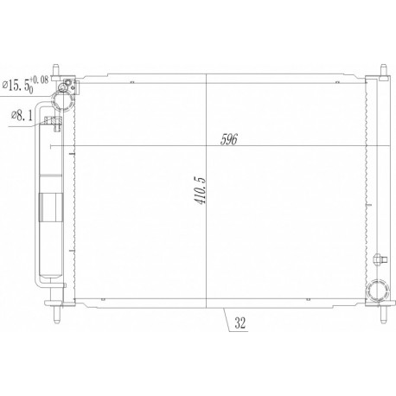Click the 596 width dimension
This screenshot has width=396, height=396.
[x=228, y=139]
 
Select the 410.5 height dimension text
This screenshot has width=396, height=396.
[x=201, y=190]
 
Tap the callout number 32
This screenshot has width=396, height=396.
[x=240, y=323]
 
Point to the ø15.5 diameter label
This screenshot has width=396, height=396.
[x=16, y=86]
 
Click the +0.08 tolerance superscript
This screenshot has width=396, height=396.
[x=39, y=80]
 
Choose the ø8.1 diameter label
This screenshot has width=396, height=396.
[x=22, y=116]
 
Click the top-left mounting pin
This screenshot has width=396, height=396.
[x=56, y=70]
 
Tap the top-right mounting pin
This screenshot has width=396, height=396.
[x=384, y=70]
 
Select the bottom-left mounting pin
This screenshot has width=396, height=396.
[x=56, y=314]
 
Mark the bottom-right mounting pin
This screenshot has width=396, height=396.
[x=384, y=314]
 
